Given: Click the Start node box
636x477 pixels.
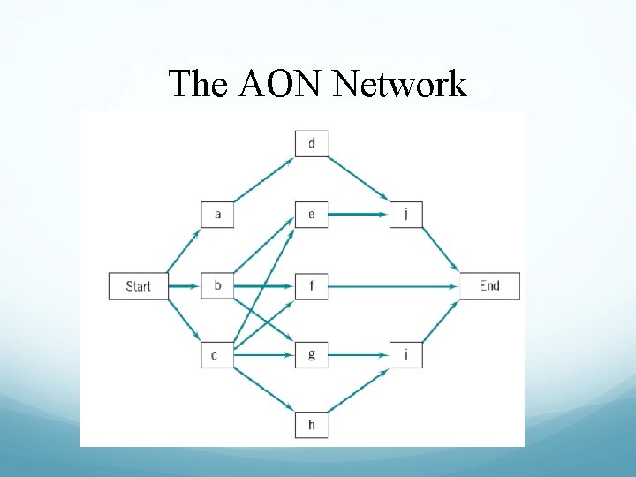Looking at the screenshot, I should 138,286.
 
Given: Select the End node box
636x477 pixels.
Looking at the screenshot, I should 489,286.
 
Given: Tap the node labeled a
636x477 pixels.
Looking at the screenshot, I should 218,215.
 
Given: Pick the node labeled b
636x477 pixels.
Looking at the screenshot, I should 218,286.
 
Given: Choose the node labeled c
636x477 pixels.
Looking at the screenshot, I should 216,355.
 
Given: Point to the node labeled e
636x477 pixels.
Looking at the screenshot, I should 312,215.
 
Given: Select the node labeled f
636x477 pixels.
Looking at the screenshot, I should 312,286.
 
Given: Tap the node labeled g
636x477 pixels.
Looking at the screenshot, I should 312,355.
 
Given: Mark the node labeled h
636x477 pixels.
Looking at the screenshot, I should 312,425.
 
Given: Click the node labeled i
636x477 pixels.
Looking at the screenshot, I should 406,355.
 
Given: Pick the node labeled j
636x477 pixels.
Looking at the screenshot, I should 406,215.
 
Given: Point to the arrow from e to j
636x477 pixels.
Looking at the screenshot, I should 359,215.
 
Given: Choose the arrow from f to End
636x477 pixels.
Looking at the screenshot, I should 393,286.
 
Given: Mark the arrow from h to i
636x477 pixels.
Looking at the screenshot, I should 360,390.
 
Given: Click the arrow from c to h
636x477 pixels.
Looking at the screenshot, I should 265,390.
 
